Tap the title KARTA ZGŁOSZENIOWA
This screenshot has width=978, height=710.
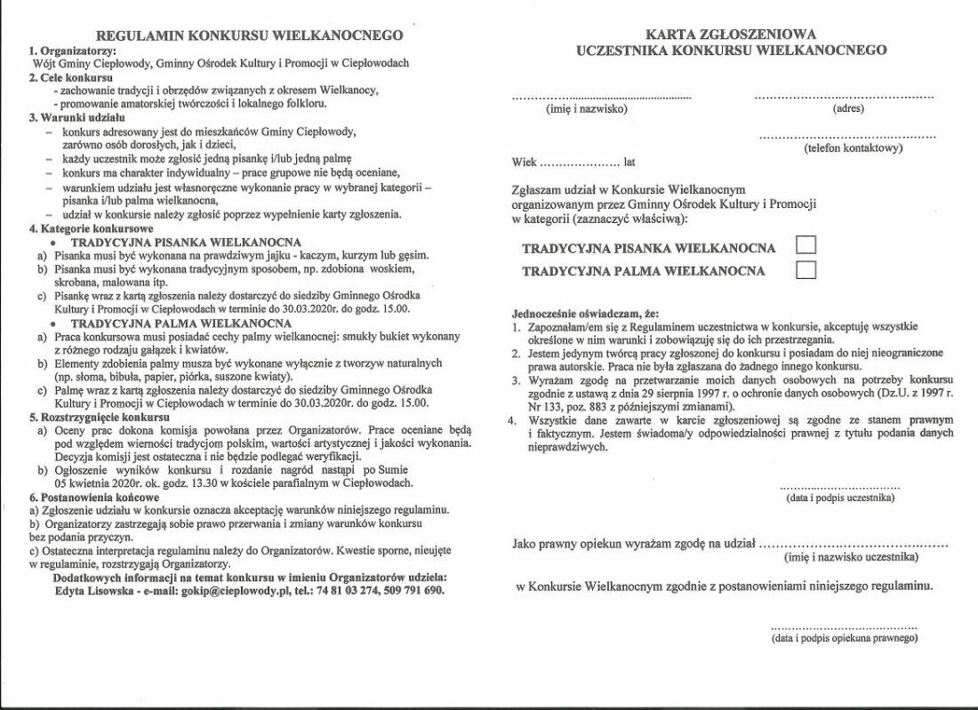(731, 34)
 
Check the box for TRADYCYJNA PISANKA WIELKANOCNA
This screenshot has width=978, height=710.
(806, 246)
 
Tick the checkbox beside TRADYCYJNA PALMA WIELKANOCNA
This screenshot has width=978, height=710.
(806, 270)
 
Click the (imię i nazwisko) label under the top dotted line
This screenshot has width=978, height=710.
(586, 109)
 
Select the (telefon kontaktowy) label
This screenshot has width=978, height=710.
(853, 148)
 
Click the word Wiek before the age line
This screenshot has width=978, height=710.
(525, 163)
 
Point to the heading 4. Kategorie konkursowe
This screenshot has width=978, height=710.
(91, 228)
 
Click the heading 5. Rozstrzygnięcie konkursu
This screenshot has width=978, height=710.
(99, 417)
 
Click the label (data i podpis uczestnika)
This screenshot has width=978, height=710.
(839, 499)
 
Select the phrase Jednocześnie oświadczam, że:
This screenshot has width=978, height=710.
(586, 314)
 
